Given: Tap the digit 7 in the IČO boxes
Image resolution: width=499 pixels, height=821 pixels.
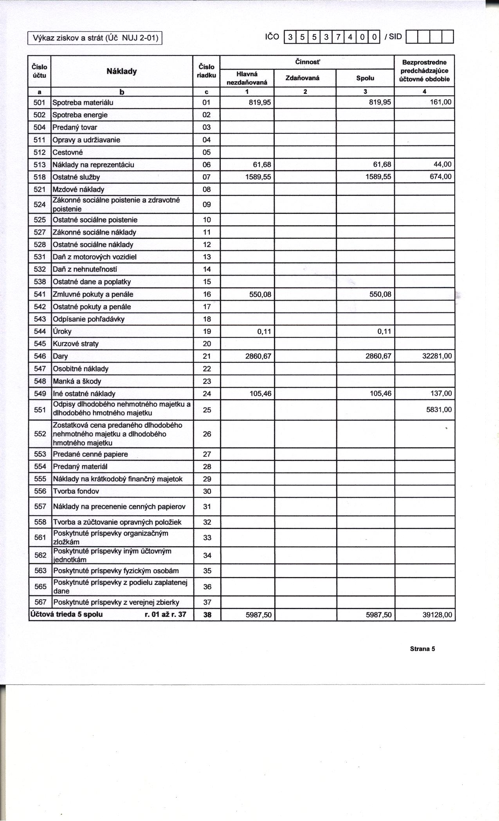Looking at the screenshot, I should [x=338, y=38].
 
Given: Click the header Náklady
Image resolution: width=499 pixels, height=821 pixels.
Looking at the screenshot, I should [x=122, y=71].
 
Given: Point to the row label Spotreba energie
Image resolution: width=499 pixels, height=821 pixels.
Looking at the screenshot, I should [x=80, y=115].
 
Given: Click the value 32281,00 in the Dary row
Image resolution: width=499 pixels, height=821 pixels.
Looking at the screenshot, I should [x=437, y=356].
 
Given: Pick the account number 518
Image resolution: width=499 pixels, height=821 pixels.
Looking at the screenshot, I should [x=40, y=177].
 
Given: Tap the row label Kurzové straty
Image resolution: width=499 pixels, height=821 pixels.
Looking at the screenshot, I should [x=76, y=344].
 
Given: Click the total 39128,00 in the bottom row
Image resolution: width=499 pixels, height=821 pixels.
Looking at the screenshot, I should [x=437, y=615].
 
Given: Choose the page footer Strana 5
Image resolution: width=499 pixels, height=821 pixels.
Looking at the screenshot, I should [x=422, y=649].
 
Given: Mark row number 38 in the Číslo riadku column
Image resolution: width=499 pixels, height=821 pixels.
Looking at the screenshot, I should [x=207, y=615].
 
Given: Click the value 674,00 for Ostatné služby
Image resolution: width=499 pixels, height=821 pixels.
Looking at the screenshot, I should [x=440, y=177].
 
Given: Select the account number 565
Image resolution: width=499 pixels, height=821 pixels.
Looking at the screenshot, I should [x=40, y=586].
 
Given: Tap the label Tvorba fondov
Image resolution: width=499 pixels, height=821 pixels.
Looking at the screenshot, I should [x=76, y=491].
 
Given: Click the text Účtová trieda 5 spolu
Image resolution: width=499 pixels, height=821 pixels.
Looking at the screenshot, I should [x=67, y=614].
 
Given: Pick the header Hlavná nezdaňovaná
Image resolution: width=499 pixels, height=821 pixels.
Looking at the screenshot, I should [x=247, y=78].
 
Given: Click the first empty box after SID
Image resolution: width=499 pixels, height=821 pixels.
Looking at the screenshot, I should [x=413, y=37].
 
